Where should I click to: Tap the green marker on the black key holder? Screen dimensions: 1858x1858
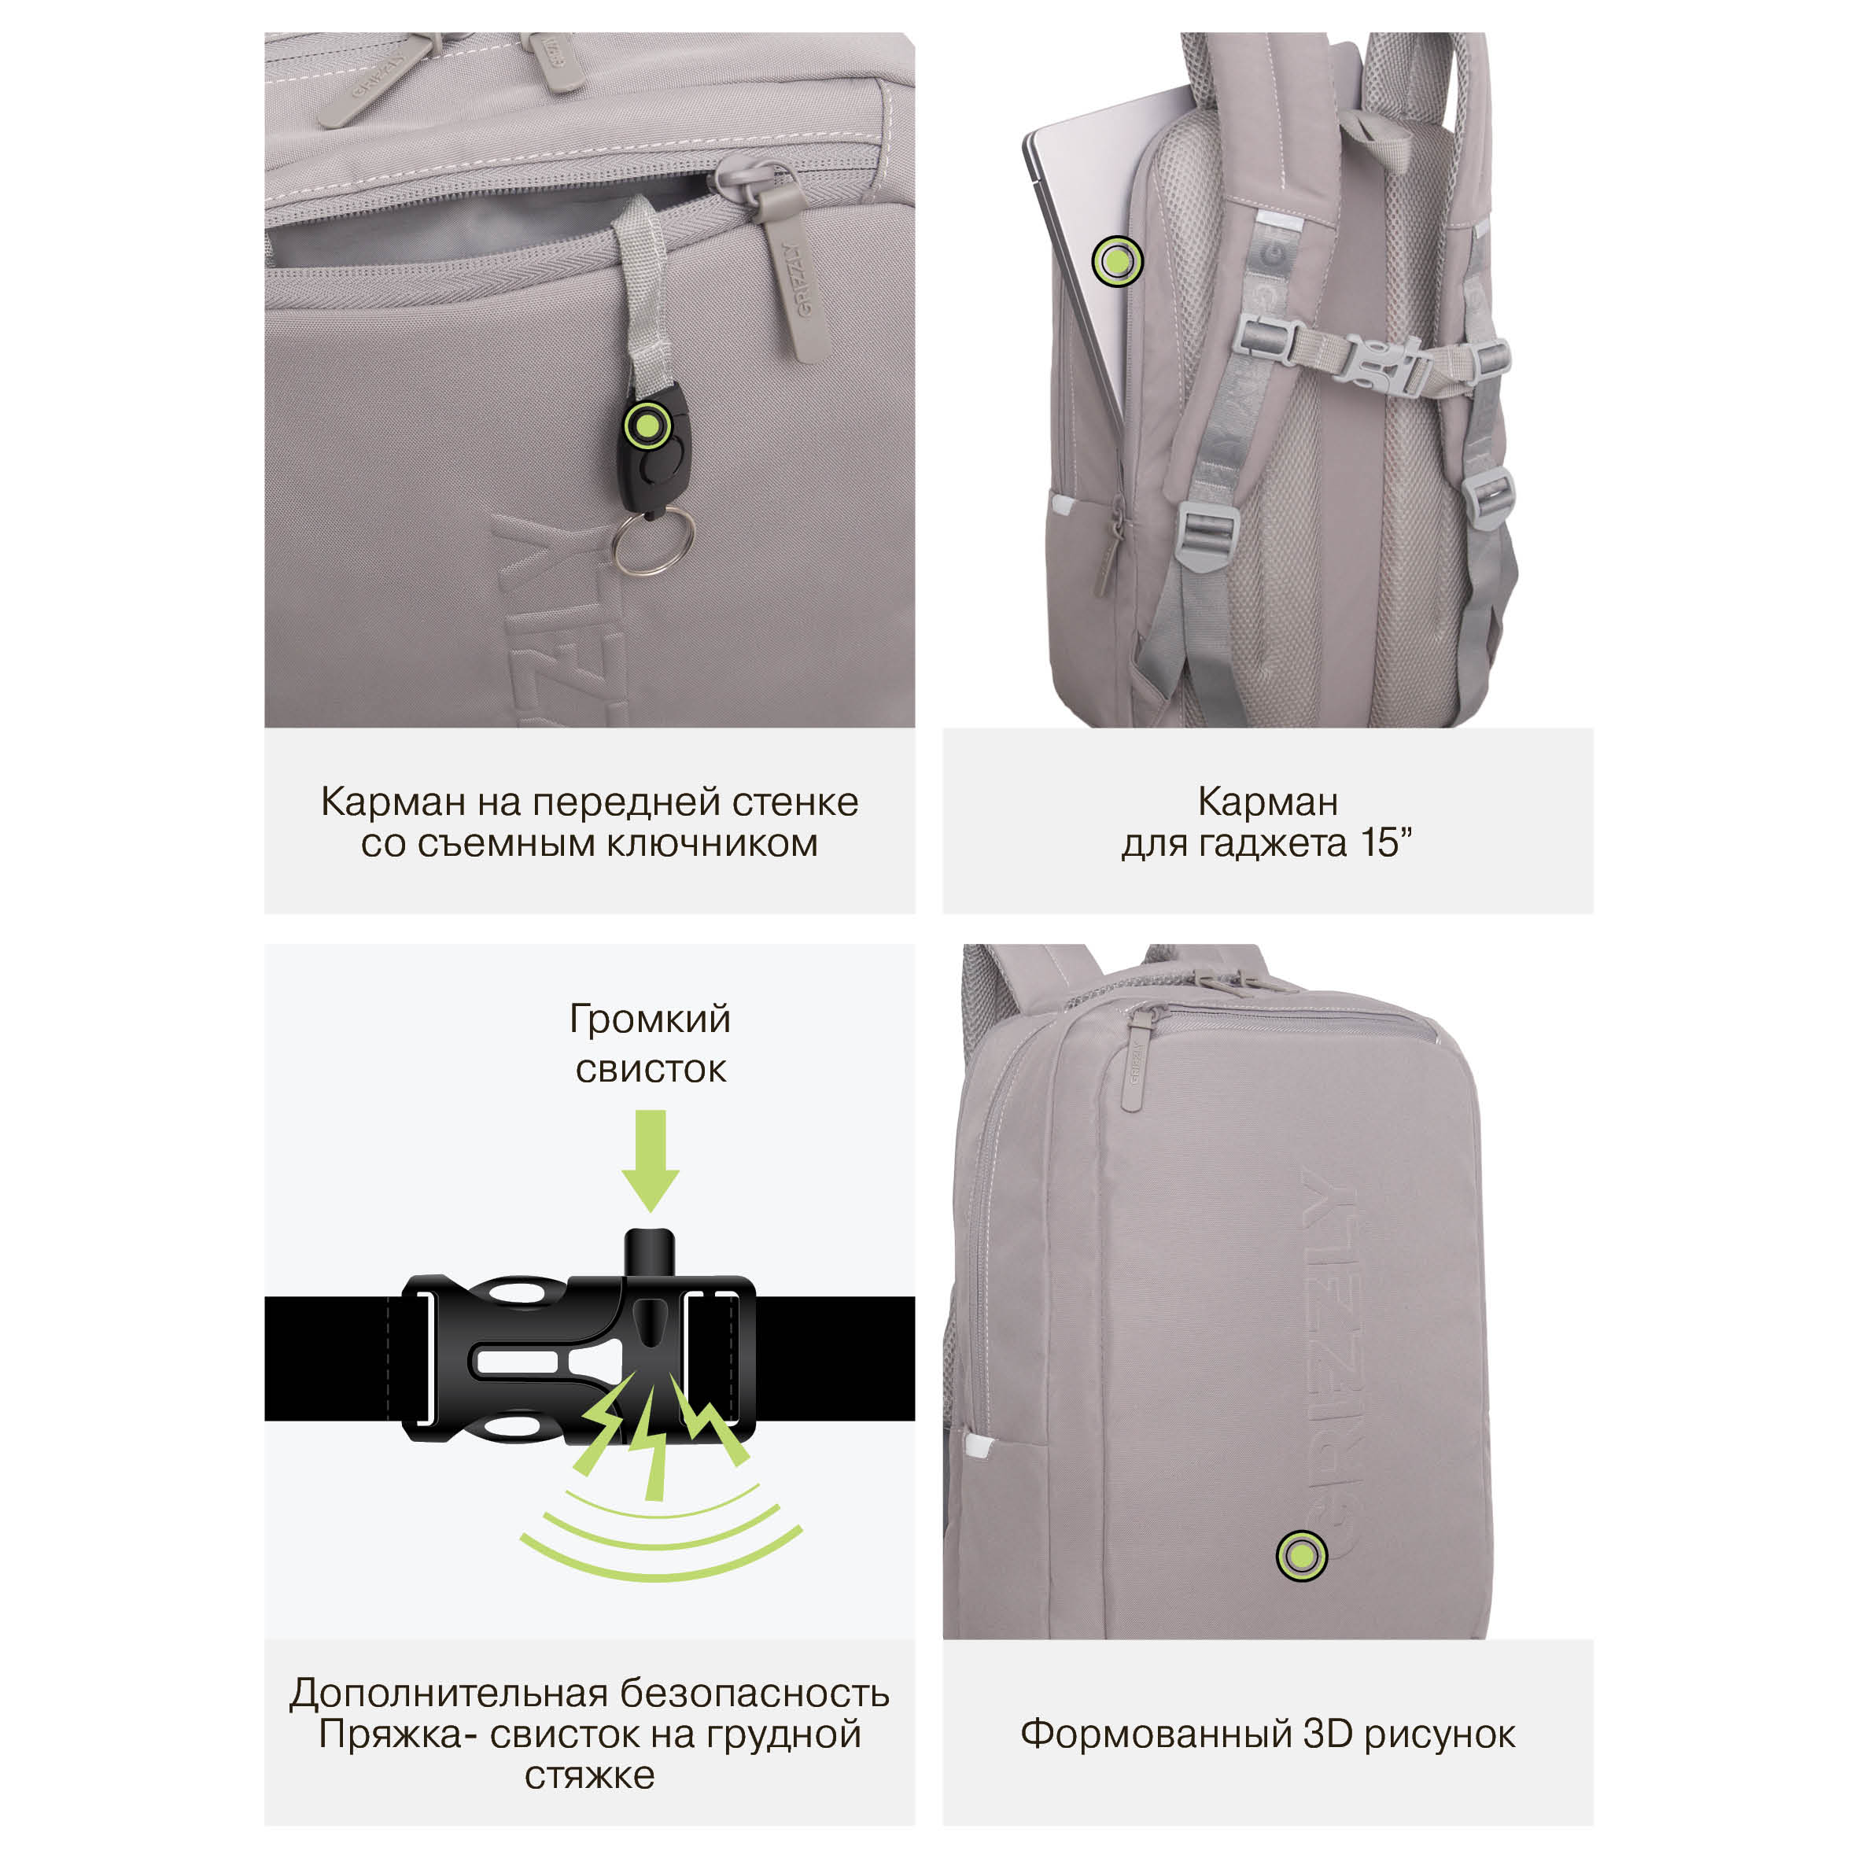coord(647,424)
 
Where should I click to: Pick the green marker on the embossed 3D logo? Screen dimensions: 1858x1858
coord(1301,1555)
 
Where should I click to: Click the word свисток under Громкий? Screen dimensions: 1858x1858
coord(651,1069)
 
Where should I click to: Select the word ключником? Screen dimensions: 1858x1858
coord(712,843)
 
